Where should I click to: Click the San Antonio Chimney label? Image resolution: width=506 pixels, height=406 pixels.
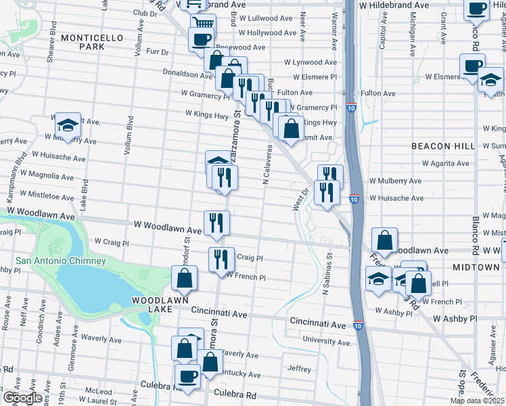61,261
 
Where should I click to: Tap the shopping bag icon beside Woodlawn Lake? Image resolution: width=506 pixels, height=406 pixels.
184,278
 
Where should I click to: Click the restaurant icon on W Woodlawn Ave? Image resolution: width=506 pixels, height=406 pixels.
216,223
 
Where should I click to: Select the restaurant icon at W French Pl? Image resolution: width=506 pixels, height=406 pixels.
221,261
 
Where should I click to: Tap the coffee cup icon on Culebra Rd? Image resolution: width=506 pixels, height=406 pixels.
187,377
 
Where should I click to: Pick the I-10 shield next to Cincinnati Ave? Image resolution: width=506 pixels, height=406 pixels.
358,325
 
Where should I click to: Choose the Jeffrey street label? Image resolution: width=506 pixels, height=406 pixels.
299,369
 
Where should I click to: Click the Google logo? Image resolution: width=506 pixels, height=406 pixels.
22,398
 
